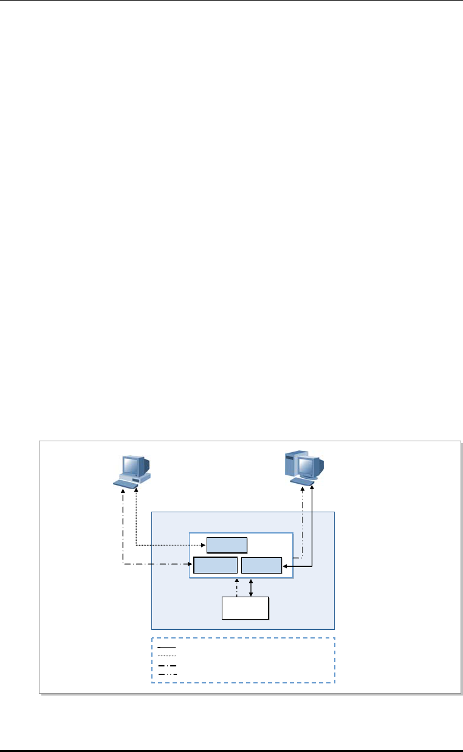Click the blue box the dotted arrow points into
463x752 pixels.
point(227,545)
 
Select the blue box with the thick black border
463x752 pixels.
point(215,565)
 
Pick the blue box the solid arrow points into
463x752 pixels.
point(261,565)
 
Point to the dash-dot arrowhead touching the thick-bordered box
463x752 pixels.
point(190,565)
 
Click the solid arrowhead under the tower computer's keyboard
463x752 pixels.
point(312,487)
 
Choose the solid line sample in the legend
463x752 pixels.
point(167,648)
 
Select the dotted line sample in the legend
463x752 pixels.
point(167,656)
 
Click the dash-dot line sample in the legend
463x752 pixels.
point(167,666)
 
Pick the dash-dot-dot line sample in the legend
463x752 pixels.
point(167,674)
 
